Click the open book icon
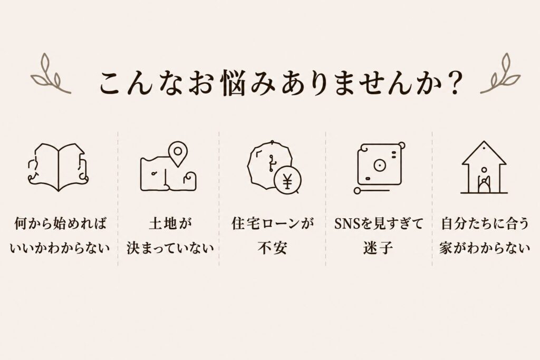pos(58,167)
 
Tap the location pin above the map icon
pos(178,154)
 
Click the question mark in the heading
pos(454,83)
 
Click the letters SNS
pos(347,224)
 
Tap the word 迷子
pos(378,248)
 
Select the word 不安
pos(272,248)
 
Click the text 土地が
pos(170,223)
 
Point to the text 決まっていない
pos(170,248)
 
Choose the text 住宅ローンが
pos(273,223)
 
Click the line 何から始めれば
pos(61,223)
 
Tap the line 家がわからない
pos(485,248)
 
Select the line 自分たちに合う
pos(485,223)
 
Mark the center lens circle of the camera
pos(379,166)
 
